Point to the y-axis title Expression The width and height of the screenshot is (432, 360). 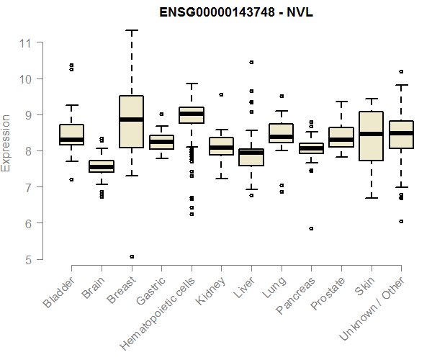coord(6,143)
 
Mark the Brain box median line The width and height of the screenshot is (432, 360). coord(102,167)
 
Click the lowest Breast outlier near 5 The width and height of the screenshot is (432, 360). coord(132,256)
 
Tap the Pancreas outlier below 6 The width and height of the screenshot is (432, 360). coord(311,228)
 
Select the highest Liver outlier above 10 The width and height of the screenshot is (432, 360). coord(251,63)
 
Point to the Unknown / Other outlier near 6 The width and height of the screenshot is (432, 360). coord(400,221)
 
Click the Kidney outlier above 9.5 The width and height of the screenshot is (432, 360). coord(221,94)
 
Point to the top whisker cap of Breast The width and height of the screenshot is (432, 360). coord(132,30)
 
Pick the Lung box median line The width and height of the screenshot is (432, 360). coord(281,137)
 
